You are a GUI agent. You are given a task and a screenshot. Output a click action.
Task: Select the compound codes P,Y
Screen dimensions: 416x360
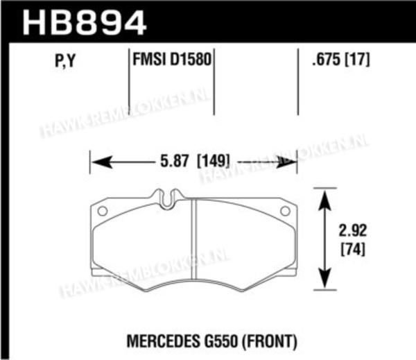(65, 60)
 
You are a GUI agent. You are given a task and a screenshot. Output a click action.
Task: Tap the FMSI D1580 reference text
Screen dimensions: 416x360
(172, 59)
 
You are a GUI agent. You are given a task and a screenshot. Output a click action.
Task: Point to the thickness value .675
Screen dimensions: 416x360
(326, 59)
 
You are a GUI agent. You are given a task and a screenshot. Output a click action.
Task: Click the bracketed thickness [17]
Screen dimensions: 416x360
(357, 59)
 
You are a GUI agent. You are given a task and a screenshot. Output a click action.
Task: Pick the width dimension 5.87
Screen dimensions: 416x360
(174, 161)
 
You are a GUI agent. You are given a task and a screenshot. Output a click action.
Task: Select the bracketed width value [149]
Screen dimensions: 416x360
(213, 161)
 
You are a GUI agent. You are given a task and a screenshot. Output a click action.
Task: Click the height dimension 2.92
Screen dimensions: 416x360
(353, 230)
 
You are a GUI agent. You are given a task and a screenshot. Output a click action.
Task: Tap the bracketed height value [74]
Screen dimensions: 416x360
(353, 249)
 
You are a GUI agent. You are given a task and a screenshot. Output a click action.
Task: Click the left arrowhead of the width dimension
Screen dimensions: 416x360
(101, 162)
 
